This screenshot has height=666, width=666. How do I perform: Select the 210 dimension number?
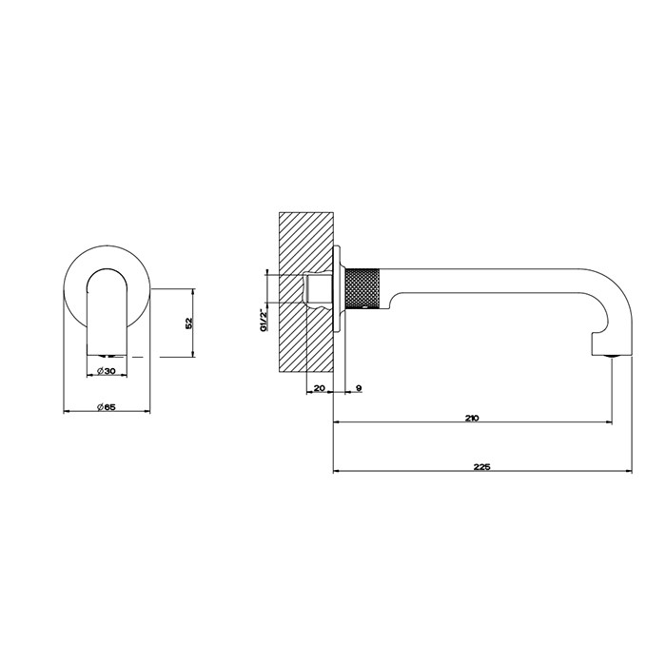click(473, 417)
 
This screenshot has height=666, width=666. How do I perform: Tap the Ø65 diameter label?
click(107, 406)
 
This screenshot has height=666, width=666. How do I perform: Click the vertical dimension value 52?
click(189, 323)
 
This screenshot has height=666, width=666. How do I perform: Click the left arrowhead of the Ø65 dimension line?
click(66, 411)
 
